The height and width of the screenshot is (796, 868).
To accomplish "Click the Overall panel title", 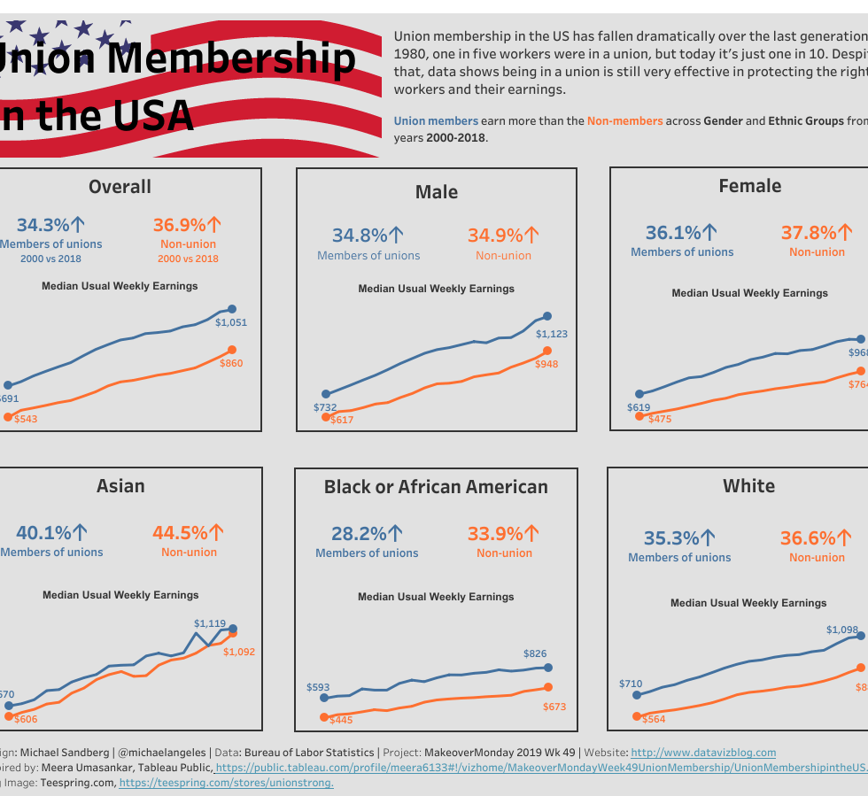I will (x=120, y=187).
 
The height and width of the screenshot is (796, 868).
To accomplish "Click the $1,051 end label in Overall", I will (x=231, y=323).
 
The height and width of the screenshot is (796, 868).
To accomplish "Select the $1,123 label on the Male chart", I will (x=552, y=335).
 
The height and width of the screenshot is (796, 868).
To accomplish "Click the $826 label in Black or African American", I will (x=535, y=653).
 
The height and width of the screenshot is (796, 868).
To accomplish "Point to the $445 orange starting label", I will (x=340, y=720).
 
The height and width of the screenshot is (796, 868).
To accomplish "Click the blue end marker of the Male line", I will (x=546, y=316).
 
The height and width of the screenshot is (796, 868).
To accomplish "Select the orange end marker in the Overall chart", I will (x=232, y=350).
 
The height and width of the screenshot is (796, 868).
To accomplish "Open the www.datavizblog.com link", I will (x=703, y=753).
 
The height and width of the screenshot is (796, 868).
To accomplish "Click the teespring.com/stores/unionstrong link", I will (x=226, y=783).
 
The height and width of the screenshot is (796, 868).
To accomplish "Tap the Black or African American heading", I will (x=436, y=487).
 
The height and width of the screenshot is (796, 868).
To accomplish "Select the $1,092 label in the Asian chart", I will (x=239, y=652).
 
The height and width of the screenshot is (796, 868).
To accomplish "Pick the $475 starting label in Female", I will (x=658, y=419).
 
